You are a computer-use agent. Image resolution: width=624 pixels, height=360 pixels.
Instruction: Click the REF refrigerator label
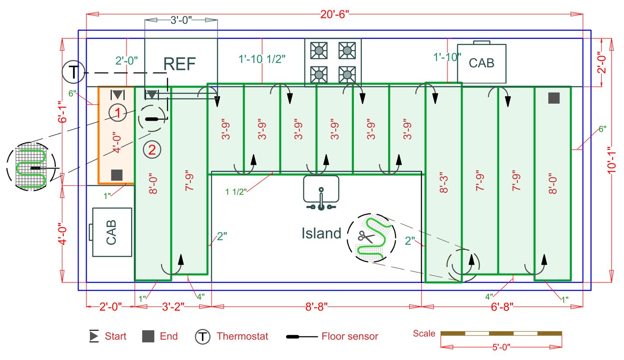click(x=180, y=65)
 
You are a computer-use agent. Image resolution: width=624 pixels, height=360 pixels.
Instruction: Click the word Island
click(x=321, y=233)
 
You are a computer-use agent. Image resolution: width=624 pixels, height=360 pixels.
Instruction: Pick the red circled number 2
click(x=152, y=150)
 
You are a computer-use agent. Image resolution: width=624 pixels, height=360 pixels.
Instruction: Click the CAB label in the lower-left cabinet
click(x=111, y=232)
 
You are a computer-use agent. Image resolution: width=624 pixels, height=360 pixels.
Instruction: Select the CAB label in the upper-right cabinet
click(x=481, y=63)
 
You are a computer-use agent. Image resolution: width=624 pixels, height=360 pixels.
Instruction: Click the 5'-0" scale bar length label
click(x=501, y=347)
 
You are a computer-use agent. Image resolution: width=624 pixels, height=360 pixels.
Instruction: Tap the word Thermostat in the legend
click(x=242, y=336)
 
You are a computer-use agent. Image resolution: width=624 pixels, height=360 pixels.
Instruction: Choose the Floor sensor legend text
click(x=350, y=336)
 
